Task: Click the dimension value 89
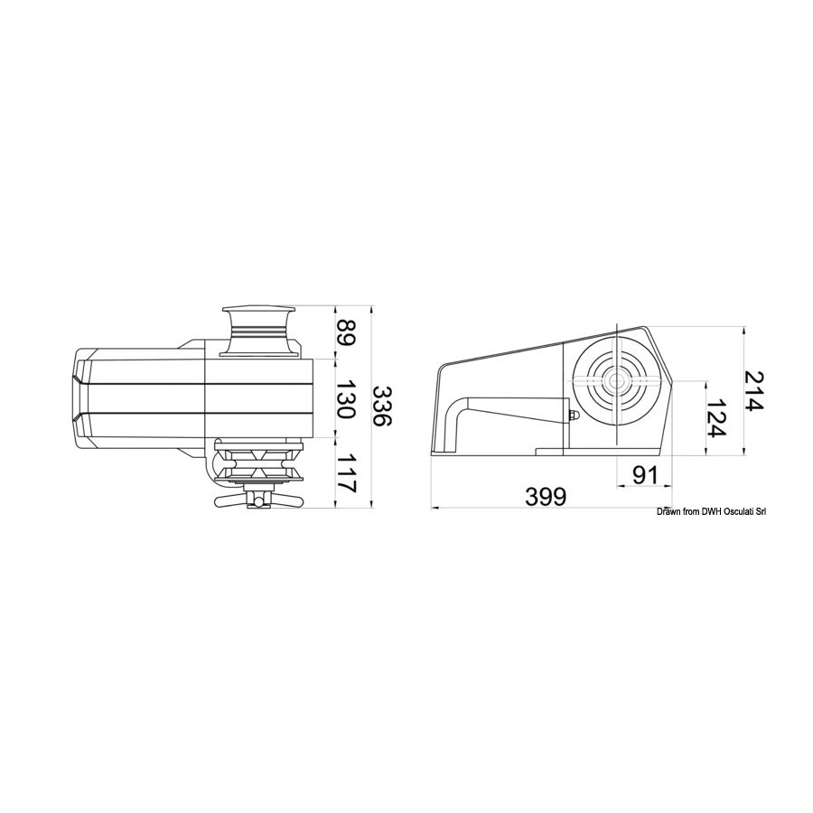tap(346, 332)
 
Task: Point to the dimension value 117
tap(346, 473)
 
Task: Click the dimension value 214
tap(754, 390)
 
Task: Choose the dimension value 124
tap(717, 418)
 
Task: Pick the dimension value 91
tap(644, 475)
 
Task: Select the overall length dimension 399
tap(546, 497)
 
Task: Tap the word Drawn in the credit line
tap(668, 512)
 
